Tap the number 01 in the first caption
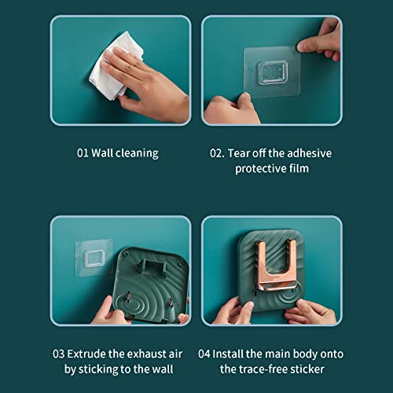[83, 153]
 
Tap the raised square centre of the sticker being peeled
[272, 72]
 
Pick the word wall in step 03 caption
[163, 369]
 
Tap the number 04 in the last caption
[204, 354]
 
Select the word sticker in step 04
[307, 369]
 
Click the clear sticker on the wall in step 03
[94, 258]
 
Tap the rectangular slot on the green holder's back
[153, 265]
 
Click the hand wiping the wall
[147, 84]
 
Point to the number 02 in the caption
[216, 153]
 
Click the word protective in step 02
[261, 169]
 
